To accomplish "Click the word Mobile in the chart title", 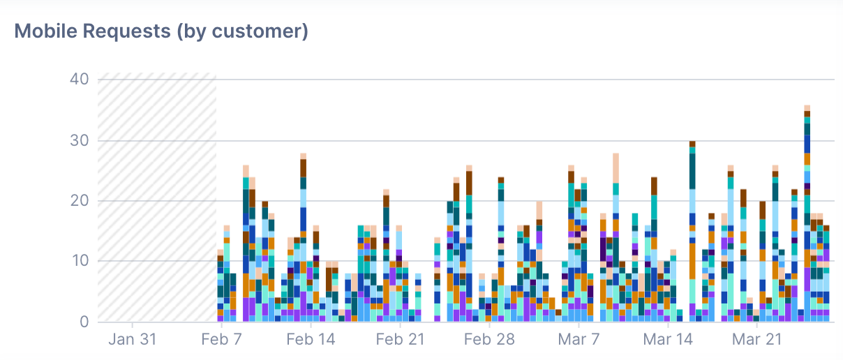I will point(45,31).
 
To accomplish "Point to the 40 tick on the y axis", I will point(79,79).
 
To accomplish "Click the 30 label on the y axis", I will point(79,140).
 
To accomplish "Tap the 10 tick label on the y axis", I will point(79,261).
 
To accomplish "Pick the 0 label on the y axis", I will point(83,322).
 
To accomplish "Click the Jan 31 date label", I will point(133,340).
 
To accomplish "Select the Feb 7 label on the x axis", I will point(221,340).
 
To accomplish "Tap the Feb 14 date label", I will point(311,340).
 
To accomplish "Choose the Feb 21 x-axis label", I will point(400,340).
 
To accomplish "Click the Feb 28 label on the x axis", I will point(489,340).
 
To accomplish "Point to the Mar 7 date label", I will point(579,340).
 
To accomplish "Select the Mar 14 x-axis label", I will point(668,340).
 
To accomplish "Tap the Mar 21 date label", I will point(757,340).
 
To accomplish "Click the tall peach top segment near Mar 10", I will point(616,167).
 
